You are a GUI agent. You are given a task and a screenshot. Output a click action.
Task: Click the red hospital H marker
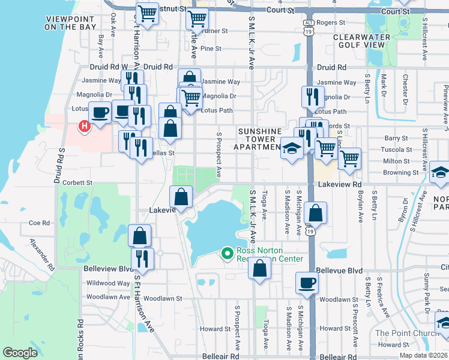(x=85, y=126)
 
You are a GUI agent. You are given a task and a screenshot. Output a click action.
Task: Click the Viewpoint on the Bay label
(x=70, y=23)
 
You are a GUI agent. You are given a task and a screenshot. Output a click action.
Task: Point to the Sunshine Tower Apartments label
(x=259, y=139)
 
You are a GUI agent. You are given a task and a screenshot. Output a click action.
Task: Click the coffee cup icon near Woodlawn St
(x=307, y=282)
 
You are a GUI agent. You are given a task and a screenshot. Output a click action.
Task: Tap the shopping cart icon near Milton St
(x=349, y=158)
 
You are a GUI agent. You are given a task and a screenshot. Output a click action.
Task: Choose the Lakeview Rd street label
(x=340, y=185)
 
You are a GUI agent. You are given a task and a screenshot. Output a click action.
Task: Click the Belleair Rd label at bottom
(x=215, y=356)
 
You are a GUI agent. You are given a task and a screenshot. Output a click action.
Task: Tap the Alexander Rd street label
(x=41, y=253)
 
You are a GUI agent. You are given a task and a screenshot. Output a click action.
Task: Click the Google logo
(x=20, y=353)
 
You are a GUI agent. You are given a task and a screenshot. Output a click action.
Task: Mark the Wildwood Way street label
(x=108, y=283)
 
